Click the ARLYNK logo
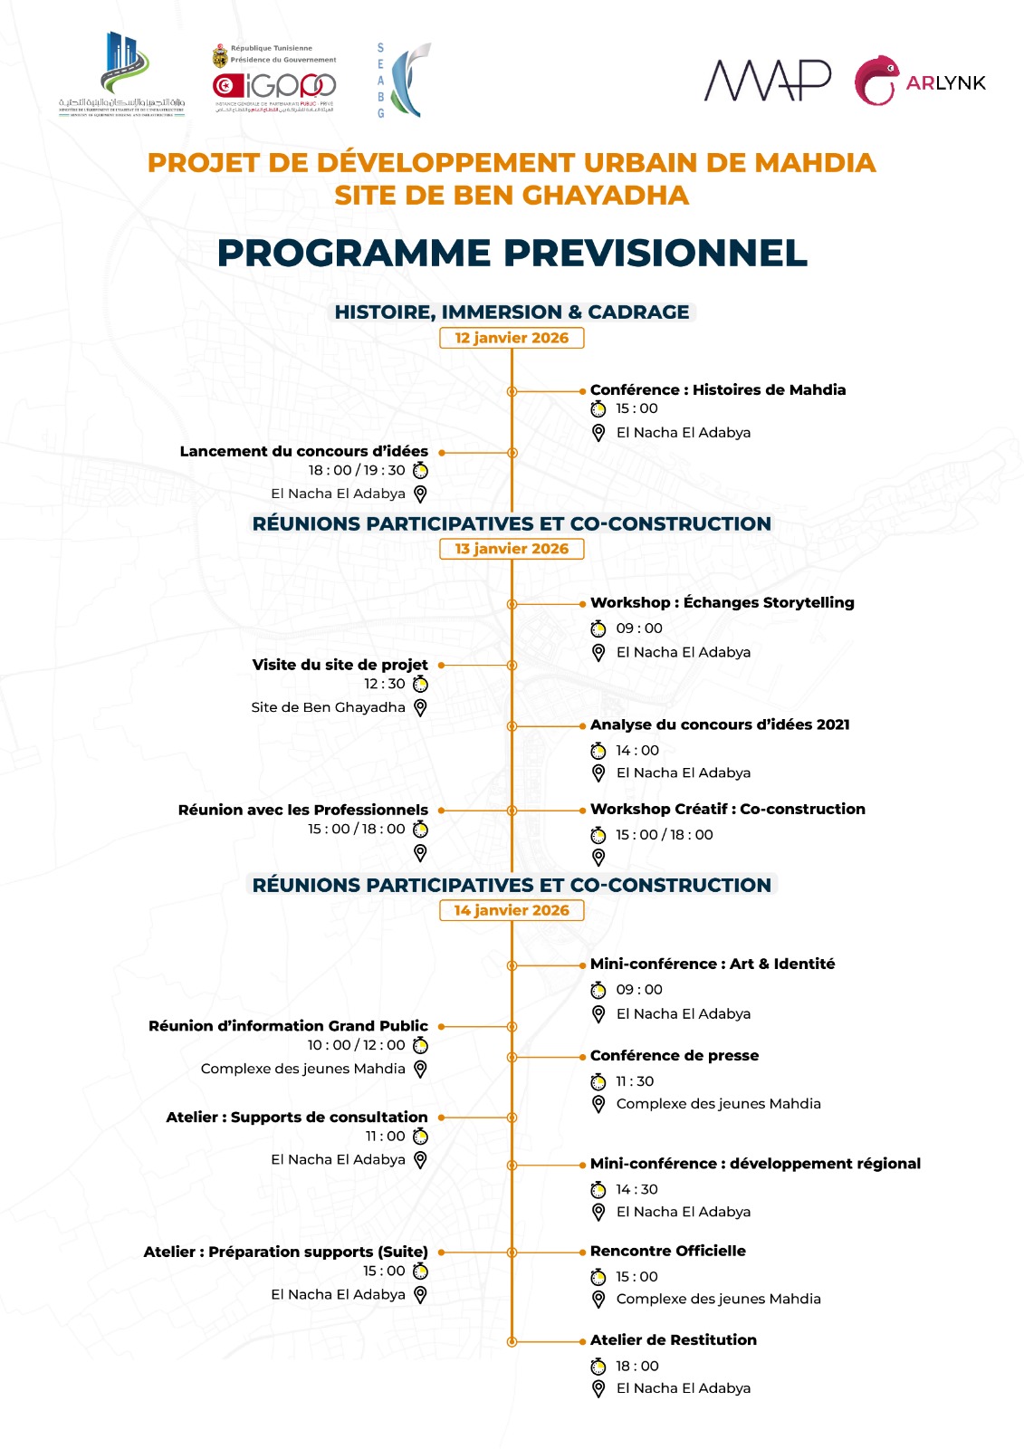(x=919, y=82)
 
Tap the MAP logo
(x=768, y=81)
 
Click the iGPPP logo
(x=274, y=85)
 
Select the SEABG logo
(x=403, y=80)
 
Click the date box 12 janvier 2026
(x=512, y=338)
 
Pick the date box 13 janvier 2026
(x=512, y=549)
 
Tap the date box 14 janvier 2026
(x=512, y=910)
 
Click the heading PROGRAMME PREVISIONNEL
(x=512, y=253)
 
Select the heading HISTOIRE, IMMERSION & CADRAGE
(x=512, y=312)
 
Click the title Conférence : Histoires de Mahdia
(x=718, y=389)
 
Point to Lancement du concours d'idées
(x=303, y=451)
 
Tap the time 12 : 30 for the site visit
(x=385, y=684)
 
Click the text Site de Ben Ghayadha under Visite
(x=328, y=707)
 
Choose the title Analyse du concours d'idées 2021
(x=720, y=724)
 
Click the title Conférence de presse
(x=675, y=1055)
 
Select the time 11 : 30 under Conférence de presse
(x=635, y=1081)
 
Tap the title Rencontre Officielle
(x=668, y=1251)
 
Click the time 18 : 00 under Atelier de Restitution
(x=637, y=1366)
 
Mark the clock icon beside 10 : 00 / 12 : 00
(x=420, y=1045)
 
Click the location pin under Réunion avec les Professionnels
(x=420, y=853)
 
